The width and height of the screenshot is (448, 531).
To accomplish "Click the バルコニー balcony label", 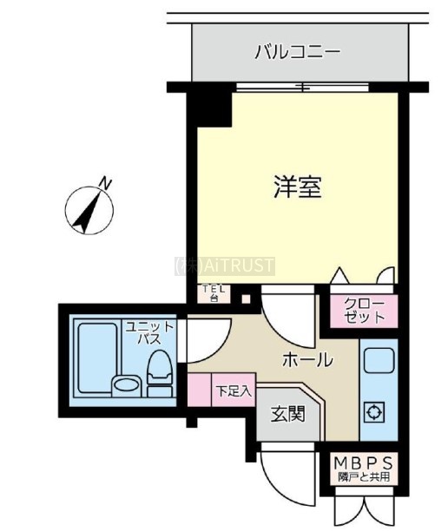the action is [x=297, y=52].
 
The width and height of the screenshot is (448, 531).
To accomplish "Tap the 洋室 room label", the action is [x=298, y=187].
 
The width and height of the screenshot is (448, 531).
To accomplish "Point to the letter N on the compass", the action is [x=105, y=183].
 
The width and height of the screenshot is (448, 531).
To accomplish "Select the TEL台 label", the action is [x=214, y=293].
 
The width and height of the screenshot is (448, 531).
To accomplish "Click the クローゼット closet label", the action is [x=365, y=311].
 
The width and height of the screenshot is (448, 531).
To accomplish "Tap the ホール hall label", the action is [x=307, y=359].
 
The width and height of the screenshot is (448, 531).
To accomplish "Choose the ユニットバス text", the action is [x=149, y=332].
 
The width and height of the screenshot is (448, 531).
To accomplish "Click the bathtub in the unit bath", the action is [x=97, y=357].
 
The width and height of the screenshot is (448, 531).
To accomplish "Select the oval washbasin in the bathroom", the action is [x=126, y=384].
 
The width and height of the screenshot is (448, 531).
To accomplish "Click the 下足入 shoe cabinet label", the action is [x=234, y=391].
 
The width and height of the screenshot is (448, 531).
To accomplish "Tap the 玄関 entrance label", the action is [x=288, y=414].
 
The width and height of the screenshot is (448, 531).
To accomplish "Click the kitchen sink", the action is [x=379, y=360].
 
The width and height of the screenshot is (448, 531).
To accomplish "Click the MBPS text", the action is [x=364, y=462].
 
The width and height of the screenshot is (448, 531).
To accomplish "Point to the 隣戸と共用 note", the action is [x=364, y=477].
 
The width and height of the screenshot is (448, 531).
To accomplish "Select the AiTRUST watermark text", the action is [x=224, y=265].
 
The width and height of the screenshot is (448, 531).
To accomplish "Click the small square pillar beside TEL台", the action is [x=246, y=299].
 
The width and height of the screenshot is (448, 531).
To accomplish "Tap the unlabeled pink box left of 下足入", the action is [x=200, y=390].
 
